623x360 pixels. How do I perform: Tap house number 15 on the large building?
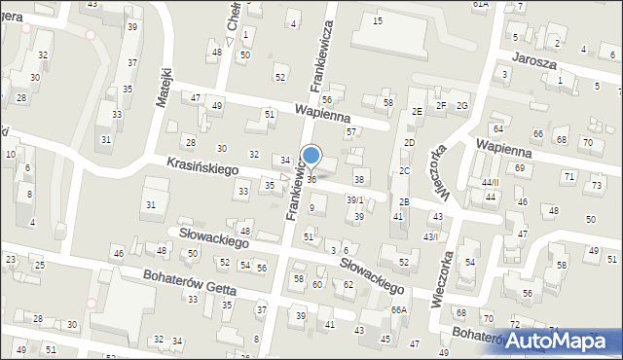pyautogui.click(x=377, y=20)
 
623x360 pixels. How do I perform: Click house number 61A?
pyautogui.click(x=480, y=5)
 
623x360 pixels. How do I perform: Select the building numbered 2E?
pyautogui.click(x=416, y=112)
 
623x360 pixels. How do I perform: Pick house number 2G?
pyautogui.click(x=462, y=105)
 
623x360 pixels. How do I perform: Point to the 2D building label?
pyautogui.click(x=410, y=143)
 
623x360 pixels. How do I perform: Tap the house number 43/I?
pyautogui.click(x=430, y=236)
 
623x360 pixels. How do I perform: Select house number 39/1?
pyautogui.click(x=355, y=199)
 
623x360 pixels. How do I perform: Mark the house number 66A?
pyautogui.click(x=397, y=309)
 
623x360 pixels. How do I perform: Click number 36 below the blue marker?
pyautogui.click(x=311, y=180)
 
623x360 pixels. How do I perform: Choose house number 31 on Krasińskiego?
pyautogui.click(x=150, y=204)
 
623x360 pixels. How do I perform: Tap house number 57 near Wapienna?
pyautogui.click(x=351, y=131)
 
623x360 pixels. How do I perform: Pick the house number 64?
pyautogui.click(x=497, y=128)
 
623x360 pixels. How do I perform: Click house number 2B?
pyautogui.click(x=403, y=202)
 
